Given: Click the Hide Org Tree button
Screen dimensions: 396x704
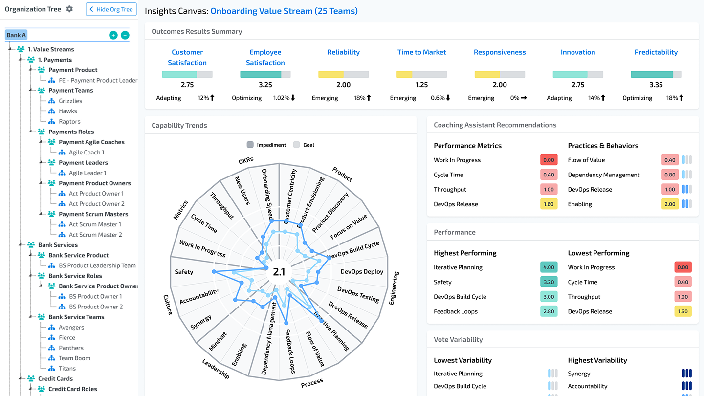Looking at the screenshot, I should (x=111, y=9).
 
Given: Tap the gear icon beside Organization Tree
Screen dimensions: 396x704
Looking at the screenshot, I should (x=69, y=9).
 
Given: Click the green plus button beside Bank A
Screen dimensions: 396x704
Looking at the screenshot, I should (x=113, y=35).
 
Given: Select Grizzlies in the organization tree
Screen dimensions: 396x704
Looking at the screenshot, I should (x=70, y=101).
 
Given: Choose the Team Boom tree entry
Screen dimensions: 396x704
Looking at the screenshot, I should (x=74, y=358).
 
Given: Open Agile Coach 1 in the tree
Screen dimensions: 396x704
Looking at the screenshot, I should (x=86, y=152).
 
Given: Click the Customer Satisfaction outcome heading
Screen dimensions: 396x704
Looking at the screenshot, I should (x=187, y=57).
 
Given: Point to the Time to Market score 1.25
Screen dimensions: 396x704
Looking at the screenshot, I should (x=421, y=85).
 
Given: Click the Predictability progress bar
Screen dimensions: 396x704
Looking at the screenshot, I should (x=656, y=74).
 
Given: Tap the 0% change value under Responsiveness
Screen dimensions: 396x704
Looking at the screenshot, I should (x=515, y=98).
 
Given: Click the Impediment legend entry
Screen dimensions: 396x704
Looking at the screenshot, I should (x=267, y=145).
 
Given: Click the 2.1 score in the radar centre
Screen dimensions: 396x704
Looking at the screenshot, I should (x=279, y=272).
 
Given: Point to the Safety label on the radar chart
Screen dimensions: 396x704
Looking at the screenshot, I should (x=184, y=272).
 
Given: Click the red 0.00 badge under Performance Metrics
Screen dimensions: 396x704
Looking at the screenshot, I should (x=549, y=160).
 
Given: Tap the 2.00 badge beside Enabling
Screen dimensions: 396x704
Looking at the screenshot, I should (x=670, y=204).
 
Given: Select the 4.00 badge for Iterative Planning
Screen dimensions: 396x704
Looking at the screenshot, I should (x=549, y=267).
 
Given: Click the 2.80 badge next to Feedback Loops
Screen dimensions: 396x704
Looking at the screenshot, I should (x=549, y=311).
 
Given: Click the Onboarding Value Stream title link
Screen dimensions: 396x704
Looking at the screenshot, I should (x=284, y=11).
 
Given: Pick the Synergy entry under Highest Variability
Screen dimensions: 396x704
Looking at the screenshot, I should (x=579, y=374).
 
